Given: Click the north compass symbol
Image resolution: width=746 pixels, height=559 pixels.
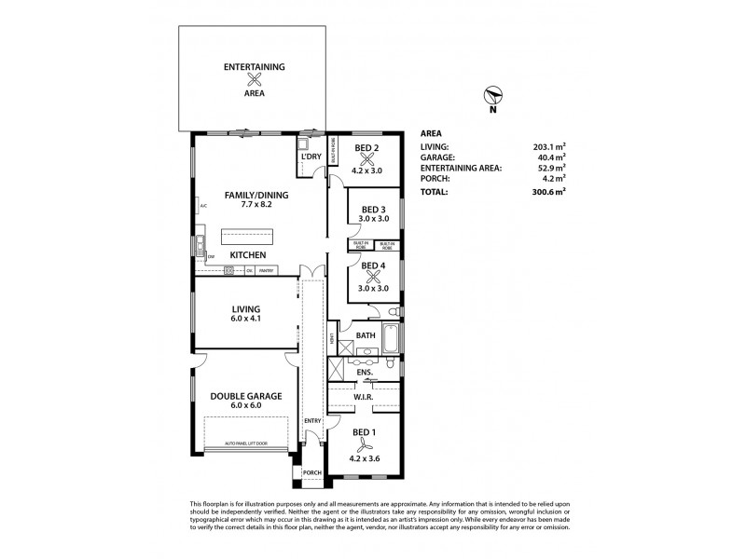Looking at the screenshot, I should point(492,94).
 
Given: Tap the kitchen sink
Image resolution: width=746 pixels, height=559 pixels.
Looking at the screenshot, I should point(200,247).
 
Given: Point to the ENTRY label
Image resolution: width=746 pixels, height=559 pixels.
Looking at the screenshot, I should point(311,421).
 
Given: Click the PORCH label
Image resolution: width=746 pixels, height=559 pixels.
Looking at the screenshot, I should point(311,472).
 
